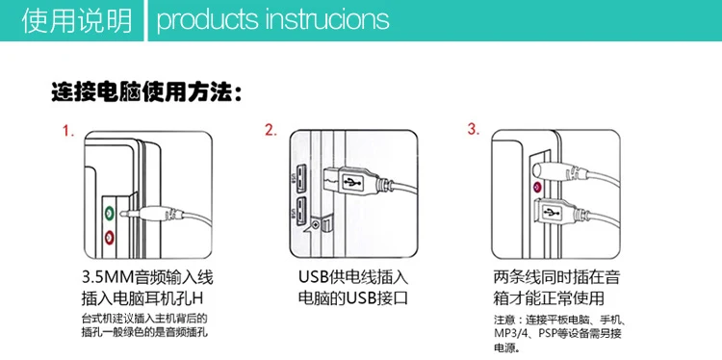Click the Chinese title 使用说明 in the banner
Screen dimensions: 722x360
pos(77,21)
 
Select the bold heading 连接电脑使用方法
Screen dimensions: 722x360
pos(146,93)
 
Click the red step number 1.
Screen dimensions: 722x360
pos(68,131)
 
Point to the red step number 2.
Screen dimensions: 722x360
pos(271,130)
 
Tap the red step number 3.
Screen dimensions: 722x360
pos(474,129)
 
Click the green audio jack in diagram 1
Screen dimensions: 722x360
pos(109,213)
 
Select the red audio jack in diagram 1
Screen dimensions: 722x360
pos(109,238)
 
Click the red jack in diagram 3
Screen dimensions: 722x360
pos(536,188)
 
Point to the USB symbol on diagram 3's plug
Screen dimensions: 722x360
pos(552,212)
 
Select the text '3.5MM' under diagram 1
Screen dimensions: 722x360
pos(107,277)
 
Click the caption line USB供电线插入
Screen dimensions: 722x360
pos(353,277)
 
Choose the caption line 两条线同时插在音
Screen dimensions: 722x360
pos(556,277)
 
